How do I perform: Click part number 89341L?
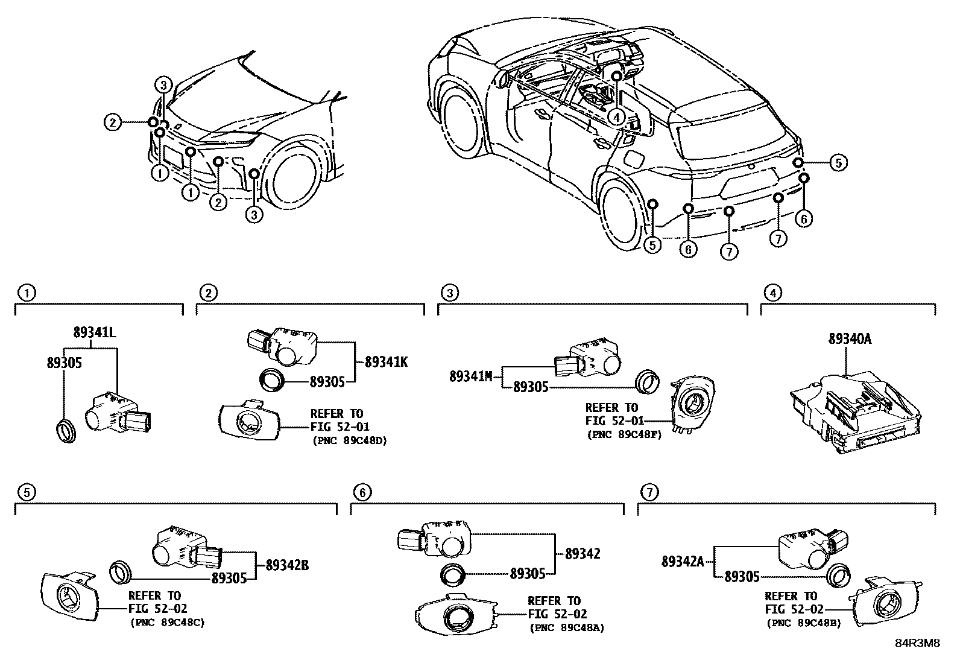coord(95,332)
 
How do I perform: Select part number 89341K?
coord(387,363)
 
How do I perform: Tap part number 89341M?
coord(472,376)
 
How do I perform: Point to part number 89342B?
coord(287,565)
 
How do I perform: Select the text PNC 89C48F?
coord(624,434)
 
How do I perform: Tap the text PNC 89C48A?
coord(567,628)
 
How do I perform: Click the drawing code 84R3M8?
coord(917,643)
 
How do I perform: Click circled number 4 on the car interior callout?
coord(615,117)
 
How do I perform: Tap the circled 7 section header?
coord(648,493)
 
